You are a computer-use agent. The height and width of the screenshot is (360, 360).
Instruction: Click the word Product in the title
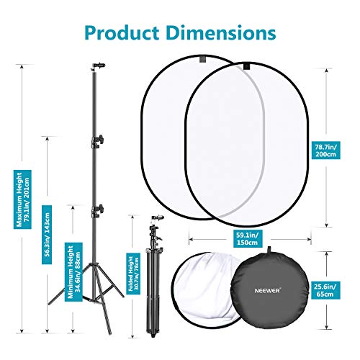click(x=122, y=33)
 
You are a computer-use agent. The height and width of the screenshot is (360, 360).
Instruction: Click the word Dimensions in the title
click(x=221, y=32)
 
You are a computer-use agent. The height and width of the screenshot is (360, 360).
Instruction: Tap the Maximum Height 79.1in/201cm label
click(x=22, y=199)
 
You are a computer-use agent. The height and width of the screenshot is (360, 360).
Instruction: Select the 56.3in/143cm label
click(x=47, y=235)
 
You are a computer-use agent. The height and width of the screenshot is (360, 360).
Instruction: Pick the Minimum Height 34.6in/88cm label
click(x=73, y=271)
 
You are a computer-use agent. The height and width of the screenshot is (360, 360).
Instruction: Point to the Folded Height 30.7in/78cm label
click(x=134, y=274)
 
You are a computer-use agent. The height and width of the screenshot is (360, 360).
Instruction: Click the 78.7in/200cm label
click(x=325, y=150)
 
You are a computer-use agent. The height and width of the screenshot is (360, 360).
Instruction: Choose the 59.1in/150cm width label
click(x=248, y=238)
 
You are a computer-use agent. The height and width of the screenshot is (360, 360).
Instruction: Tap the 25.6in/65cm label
click(x=325, y=290)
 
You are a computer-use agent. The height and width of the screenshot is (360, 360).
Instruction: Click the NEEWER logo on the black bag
click(x=267, y=291)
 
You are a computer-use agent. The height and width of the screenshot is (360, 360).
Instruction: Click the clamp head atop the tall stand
click(x=99, y=66)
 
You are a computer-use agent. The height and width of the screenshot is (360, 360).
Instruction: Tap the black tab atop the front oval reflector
click(x=247, y=66)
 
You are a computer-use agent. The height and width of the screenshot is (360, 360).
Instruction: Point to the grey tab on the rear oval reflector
click(x=204, y=59)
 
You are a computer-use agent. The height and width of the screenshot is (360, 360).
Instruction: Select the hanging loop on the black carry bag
click(x=269, y=250)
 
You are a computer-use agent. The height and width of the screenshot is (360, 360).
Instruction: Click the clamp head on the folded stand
click(x=158, y=217)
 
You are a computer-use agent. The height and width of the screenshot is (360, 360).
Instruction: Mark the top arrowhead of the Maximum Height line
click(x=22, y=67)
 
